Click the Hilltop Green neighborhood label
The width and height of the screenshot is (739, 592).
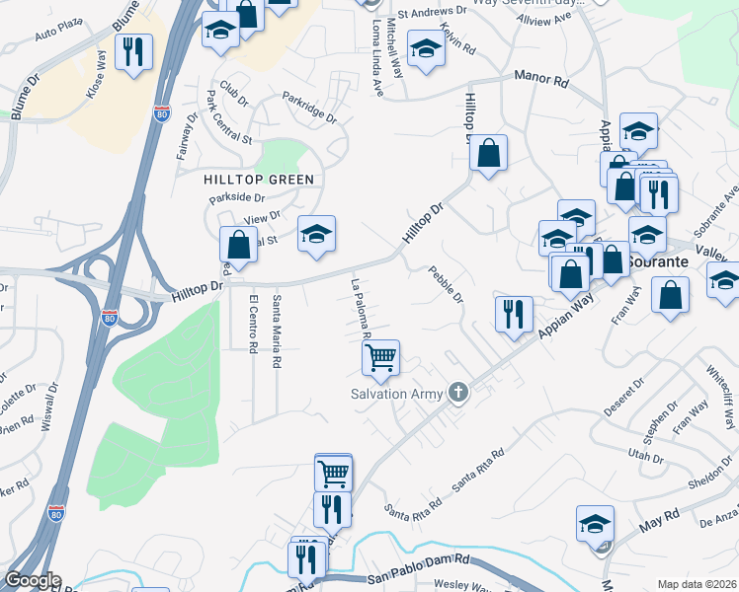259,180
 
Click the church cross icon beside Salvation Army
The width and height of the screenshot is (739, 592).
457,393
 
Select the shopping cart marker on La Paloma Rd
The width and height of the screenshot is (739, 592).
380,358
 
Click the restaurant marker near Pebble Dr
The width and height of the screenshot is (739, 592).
514,315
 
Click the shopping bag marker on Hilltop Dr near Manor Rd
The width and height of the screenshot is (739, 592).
488,154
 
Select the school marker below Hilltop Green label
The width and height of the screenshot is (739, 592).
316,235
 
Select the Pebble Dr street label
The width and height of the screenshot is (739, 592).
446,285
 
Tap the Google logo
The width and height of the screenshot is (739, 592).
33,580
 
